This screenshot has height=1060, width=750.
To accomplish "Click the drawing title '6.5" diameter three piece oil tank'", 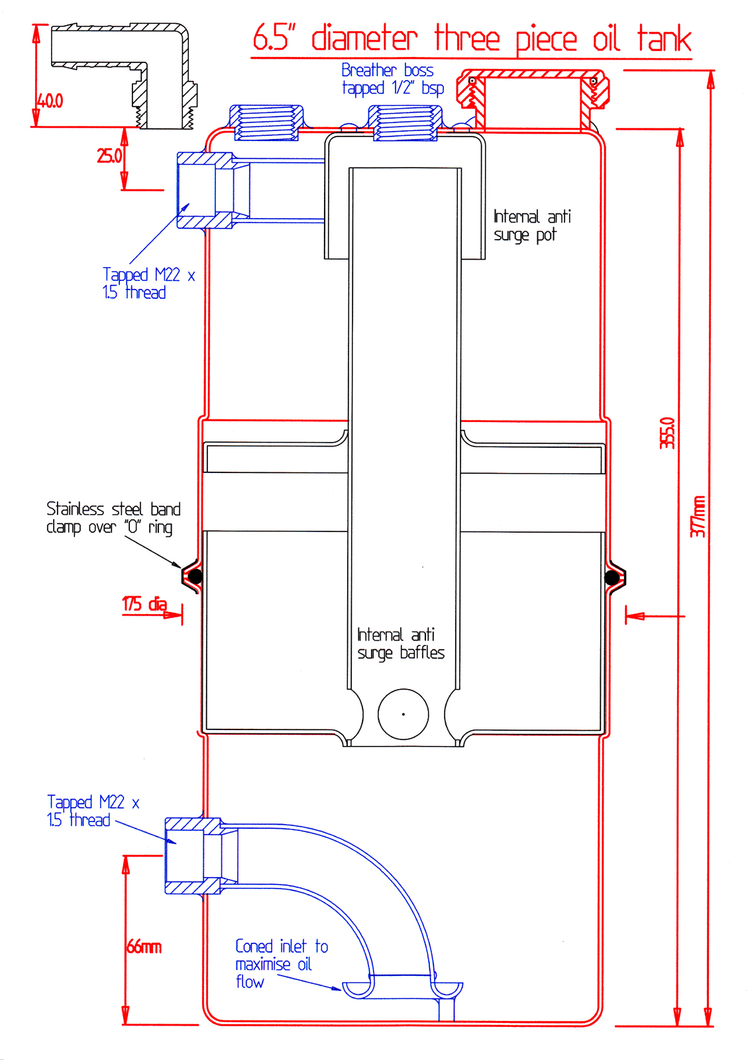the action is tap(472, 38).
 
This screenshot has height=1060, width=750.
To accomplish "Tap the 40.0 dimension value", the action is tap(50, 101).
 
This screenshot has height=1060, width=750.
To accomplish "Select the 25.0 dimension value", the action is tap(109, 156).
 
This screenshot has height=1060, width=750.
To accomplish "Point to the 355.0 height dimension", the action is tap(667, 433).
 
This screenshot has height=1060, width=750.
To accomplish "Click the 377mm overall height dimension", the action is tap(698, 517).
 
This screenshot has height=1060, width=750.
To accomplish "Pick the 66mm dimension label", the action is tap(144, 947).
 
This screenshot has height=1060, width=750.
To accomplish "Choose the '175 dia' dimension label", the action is tap(144, 604).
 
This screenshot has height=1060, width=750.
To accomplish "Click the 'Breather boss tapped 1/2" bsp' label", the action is tap(393, 79).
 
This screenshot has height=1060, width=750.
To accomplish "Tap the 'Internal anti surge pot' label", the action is tap(532, 226).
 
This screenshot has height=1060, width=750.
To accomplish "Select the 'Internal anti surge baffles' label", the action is tap(401, 643).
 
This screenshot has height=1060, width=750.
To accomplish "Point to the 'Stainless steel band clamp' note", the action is tap(113, 518).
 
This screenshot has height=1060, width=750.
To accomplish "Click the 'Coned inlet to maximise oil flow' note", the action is tap(282, 964).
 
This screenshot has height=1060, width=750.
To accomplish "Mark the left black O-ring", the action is tap(195, 576).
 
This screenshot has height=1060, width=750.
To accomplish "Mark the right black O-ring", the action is tap(612, 577).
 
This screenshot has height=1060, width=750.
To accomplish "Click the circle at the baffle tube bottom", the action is tap(403, 714).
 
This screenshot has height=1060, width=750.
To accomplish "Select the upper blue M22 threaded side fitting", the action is tap(213, 190).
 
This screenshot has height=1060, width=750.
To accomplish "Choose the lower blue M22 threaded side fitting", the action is tap(201, 855).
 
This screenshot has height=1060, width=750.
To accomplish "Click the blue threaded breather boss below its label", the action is tap(405, 123).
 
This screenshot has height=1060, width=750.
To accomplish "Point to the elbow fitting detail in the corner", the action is tap(124, 76).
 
